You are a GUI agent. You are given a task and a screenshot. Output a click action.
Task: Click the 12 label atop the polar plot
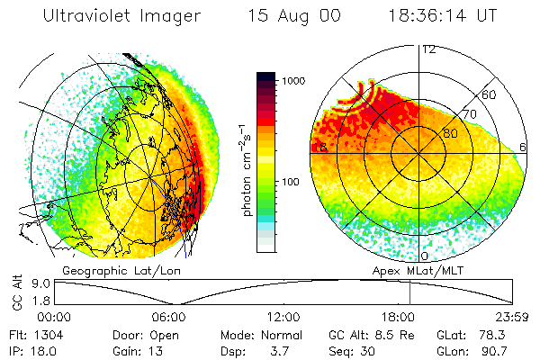click(x=429, y=49)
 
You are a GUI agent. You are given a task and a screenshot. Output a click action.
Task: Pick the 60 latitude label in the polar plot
click(x=490, y=94)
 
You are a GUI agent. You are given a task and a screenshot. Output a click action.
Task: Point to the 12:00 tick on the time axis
click(x=283, y=317)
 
